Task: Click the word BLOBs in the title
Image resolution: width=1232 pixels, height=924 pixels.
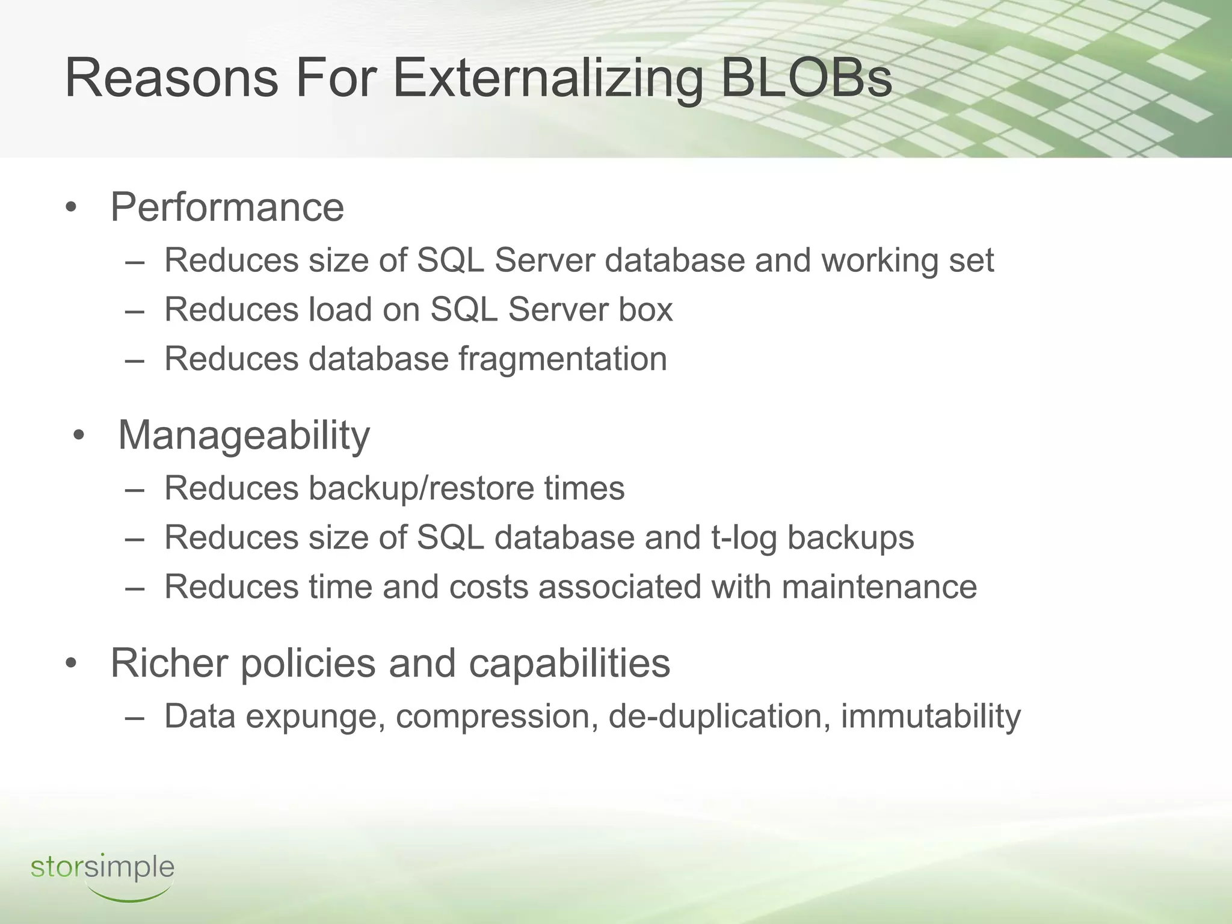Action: click(x=805, y=78)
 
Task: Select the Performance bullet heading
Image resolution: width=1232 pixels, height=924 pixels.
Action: click(x=227, y=208)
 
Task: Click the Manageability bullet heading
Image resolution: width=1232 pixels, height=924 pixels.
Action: click(x=244, y=435)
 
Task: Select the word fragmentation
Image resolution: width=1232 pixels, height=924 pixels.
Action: click(x=562, y=359)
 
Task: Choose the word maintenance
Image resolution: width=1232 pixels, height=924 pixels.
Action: click(x=879, y=587)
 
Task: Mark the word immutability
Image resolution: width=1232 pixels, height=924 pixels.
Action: click(x=930, y=716)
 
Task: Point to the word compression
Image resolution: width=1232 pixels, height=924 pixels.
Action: click(x=496, y=716)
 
